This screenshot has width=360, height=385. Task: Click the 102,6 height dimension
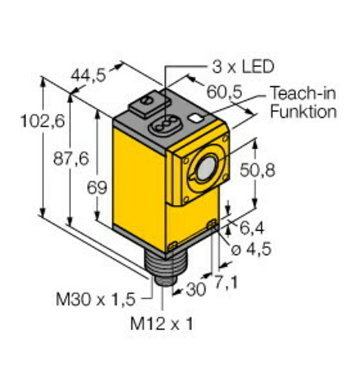(42, 121)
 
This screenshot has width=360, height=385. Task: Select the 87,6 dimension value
(71, 159)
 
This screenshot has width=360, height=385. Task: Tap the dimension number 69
(96, 187)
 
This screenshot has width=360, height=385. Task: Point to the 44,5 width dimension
(89, 75)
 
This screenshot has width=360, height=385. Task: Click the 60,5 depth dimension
(224, 92)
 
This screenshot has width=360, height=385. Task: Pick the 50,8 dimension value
(257, 170)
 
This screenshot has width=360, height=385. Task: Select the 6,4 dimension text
(251, 228)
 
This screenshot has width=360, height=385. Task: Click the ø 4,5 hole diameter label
(251, 249)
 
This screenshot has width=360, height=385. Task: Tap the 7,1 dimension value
(226, 281)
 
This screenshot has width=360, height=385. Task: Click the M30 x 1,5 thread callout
(96, 300)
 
